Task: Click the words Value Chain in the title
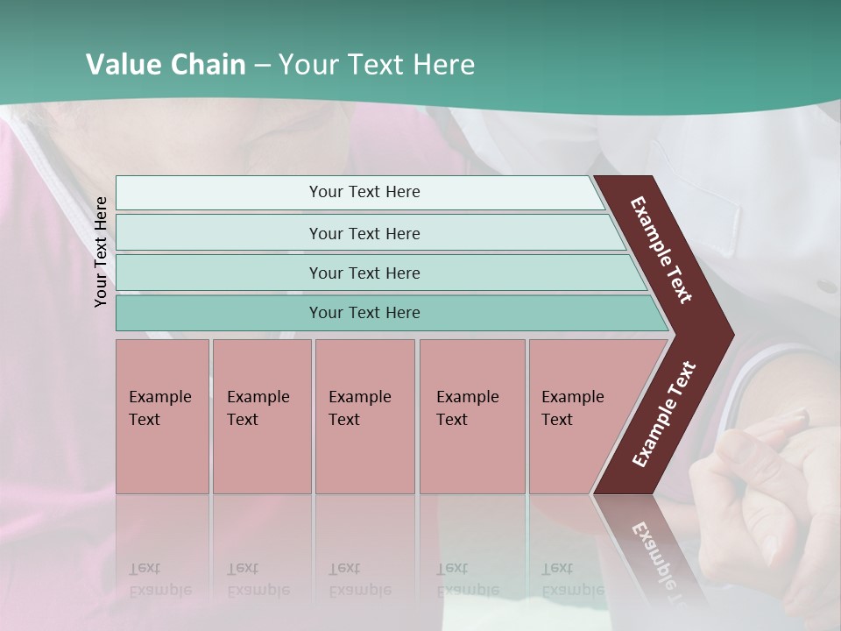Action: [x=166, y=65]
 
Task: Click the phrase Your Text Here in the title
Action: [x=377, y=65]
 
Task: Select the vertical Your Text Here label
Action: [x=102, y=252]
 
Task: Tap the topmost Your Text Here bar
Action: [x=364, y=192]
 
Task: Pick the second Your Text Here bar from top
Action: [x=364, y=233]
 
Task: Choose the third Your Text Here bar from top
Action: [x=364, y=273]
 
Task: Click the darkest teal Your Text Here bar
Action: [x=364, y=313]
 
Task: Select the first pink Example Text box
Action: [x=162, y=415]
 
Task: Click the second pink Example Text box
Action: [x=261, y=415]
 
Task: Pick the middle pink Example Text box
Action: [x=364, y=415]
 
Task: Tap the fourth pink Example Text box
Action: [x=472, y=415]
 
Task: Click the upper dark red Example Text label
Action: [x=661, y=250]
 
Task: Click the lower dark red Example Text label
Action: [x=664, y=415]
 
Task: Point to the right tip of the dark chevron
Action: [x=731, y=335]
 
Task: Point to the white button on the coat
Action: [x=825, y=286]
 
